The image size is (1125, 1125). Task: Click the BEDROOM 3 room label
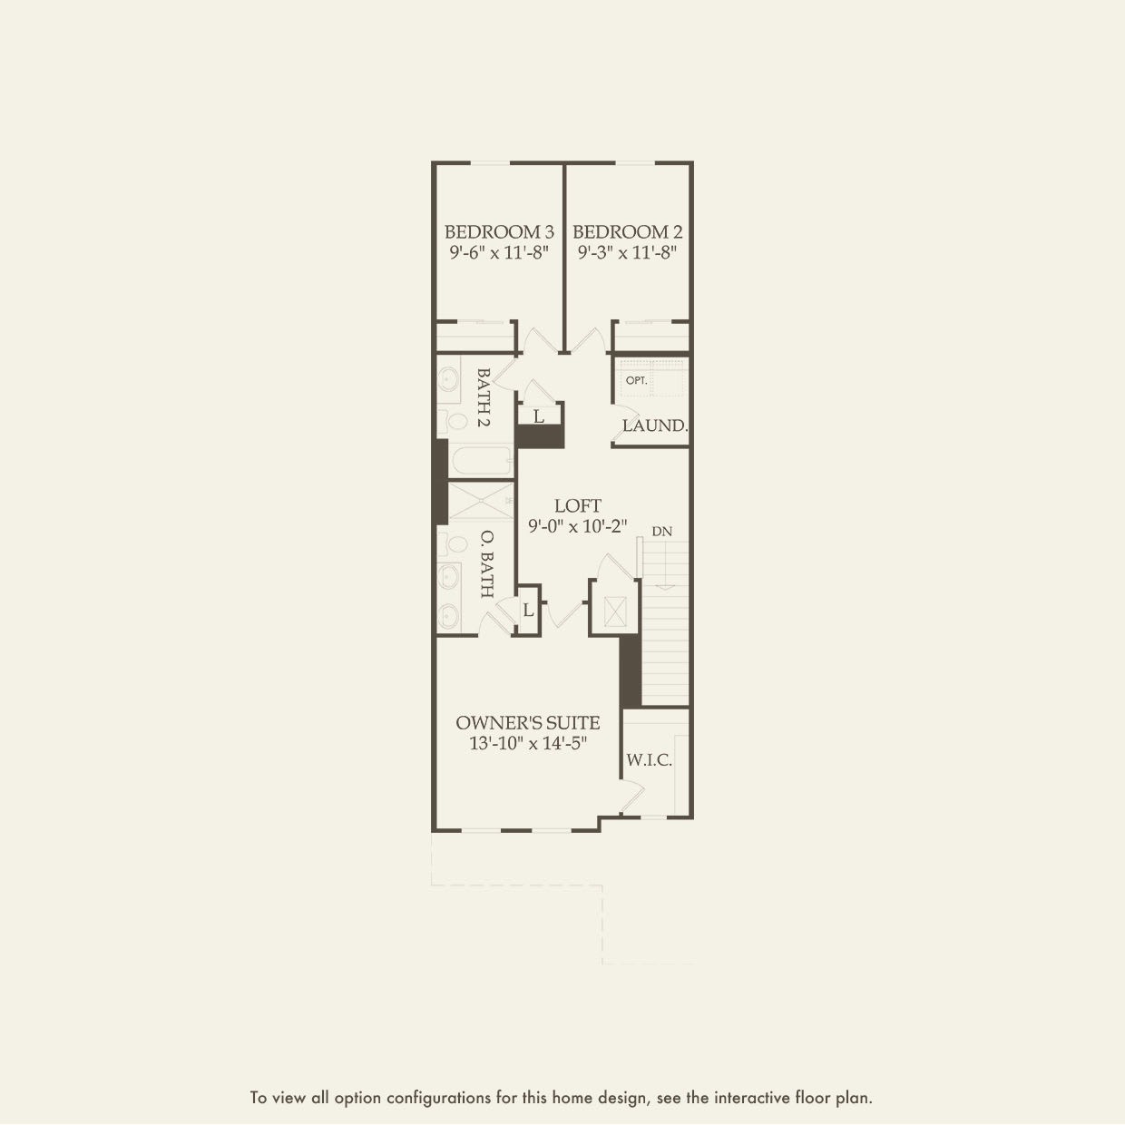click(499, 232)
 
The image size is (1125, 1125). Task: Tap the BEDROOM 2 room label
click(628, 232)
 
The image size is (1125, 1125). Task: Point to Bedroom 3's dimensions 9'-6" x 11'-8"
click(499, 253)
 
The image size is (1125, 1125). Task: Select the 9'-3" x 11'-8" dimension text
click(628, 253)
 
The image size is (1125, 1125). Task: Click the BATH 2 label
click(484, 397)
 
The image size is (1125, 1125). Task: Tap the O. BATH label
click(485, 563)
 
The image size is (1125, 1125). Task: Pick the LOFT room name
click(578, 506)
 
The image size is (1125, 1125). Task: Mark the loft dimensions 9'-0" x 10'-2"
click(578, 526)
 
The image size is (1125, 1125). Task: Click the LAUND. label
click(654, 426)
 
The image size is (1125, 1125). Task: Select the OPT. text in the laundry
click(636, 380)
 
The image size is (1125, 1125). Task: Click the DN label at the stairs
click(662, 532)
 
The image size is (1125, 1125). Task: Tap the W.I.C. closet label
click(649, 760)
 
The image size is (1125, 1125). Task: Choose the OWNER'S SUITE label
click(527, 723)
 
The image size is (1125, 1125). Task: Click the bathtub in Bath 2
click(481, 461)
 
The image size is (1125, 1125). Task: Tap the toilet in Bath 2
click(451, 421)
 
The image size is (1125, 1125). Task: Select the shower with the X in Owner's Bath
click(481, 502)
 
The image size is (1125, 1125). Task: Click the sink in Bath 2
click(449, 378)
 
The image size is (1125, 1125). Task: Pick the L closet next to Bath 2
click(539, 416)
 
